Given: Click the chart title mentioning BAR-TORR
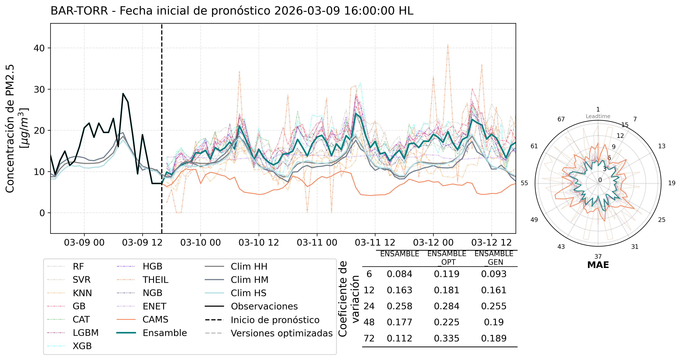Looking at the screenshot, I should click(x=232, y=11).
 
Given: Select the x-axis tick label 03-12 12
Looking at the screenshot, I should click(x=491, y=242).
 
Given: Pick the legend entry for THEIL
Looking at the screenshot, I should click(x=155, y=280).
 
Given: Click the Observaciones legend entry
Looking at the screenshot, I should click(x=264, y=306).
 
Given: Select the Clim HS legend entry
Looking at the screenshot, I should click(x=248, y=293).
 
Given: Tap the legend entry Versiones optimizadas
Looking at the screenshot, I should click(x=282, y=333).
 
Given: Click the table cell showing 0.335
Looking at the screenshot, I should click(x=447, y=338).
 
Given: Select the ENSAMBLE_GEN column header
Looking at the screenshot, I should click(x=494, y=258).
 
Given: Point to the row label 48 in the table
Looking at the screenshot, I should click(x=369, y=322).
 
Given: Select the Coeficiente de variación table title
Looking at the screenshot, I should click(x=349, y=299).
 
